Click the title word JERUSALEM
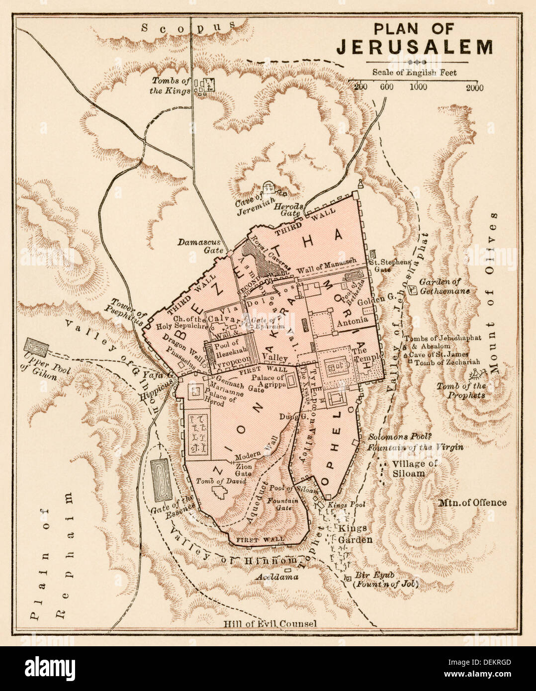click(x=414, y=47)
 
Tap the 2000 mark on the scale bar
click(x=475, y=87)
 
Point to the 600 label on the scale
click(x=387, y=87)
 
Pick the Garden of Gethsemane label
click(x=444, y=286)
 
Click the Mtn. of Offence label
click(x=472, y=502)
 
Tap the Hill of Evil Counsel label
click(x=269, y=623)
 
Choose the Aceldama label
click(x=277, y=577)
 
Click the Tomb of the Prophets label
click(x=461, y=391)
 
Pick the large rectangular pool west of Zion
click(x=161, y=480)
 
